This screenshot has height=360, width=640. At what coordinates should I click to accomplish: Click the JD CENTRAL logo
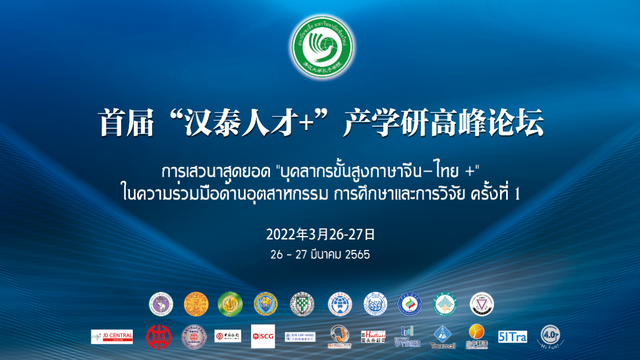coord(112,336)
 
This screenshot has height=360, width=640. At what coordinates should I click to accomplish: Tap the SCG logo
coord(263,336)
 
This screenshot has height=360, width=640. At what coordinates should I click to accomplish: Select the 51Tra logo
coord(512,336)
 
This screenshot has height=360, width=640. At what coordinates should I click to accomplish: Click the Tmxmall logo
coord(442,337)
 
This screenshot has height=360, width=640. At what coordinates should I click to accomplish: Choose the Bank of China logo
coord(228,336)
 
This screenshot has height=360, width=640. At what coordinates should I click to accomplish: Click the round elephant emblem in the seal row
coord(161,304)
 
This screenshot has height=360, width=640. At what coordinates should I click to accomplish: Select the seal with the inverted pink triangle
coord(481,304)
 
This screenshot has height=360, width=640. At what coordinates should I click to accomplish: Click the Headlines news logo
coord(373,337)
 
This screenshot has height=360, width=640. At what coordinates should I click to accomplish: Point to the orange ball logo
coord(477,333)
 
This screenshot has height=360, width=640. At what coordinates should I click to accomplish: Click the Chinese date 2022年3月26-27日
coord(321,234)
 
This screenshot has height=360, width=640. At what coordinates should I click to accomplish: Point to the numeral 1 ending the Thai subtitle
coord(517,194)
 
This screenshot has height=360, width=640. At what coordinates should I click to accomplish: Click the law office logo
coord(300,336)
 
